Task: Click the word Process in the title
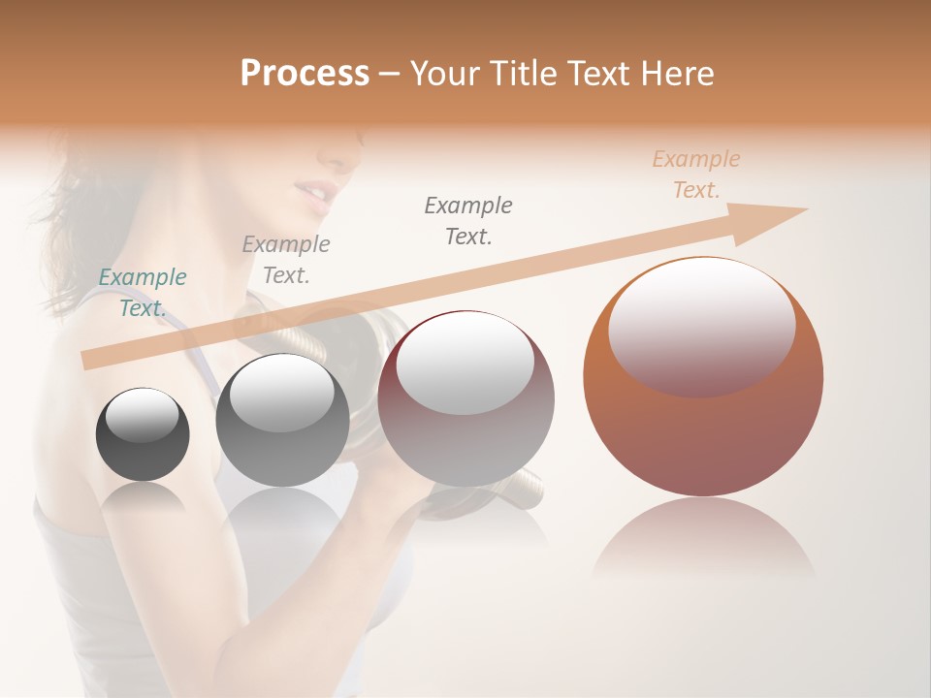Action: click(x=305, y=73)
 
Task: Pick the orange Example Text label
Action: click(x=696, y=174)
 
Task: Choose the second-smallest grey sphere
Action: click(x=282, y=446)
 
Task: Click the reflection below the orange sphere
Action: click(x=703, y=538)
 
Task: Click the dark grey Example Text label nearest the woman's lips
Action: click(x=468, y=220)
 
